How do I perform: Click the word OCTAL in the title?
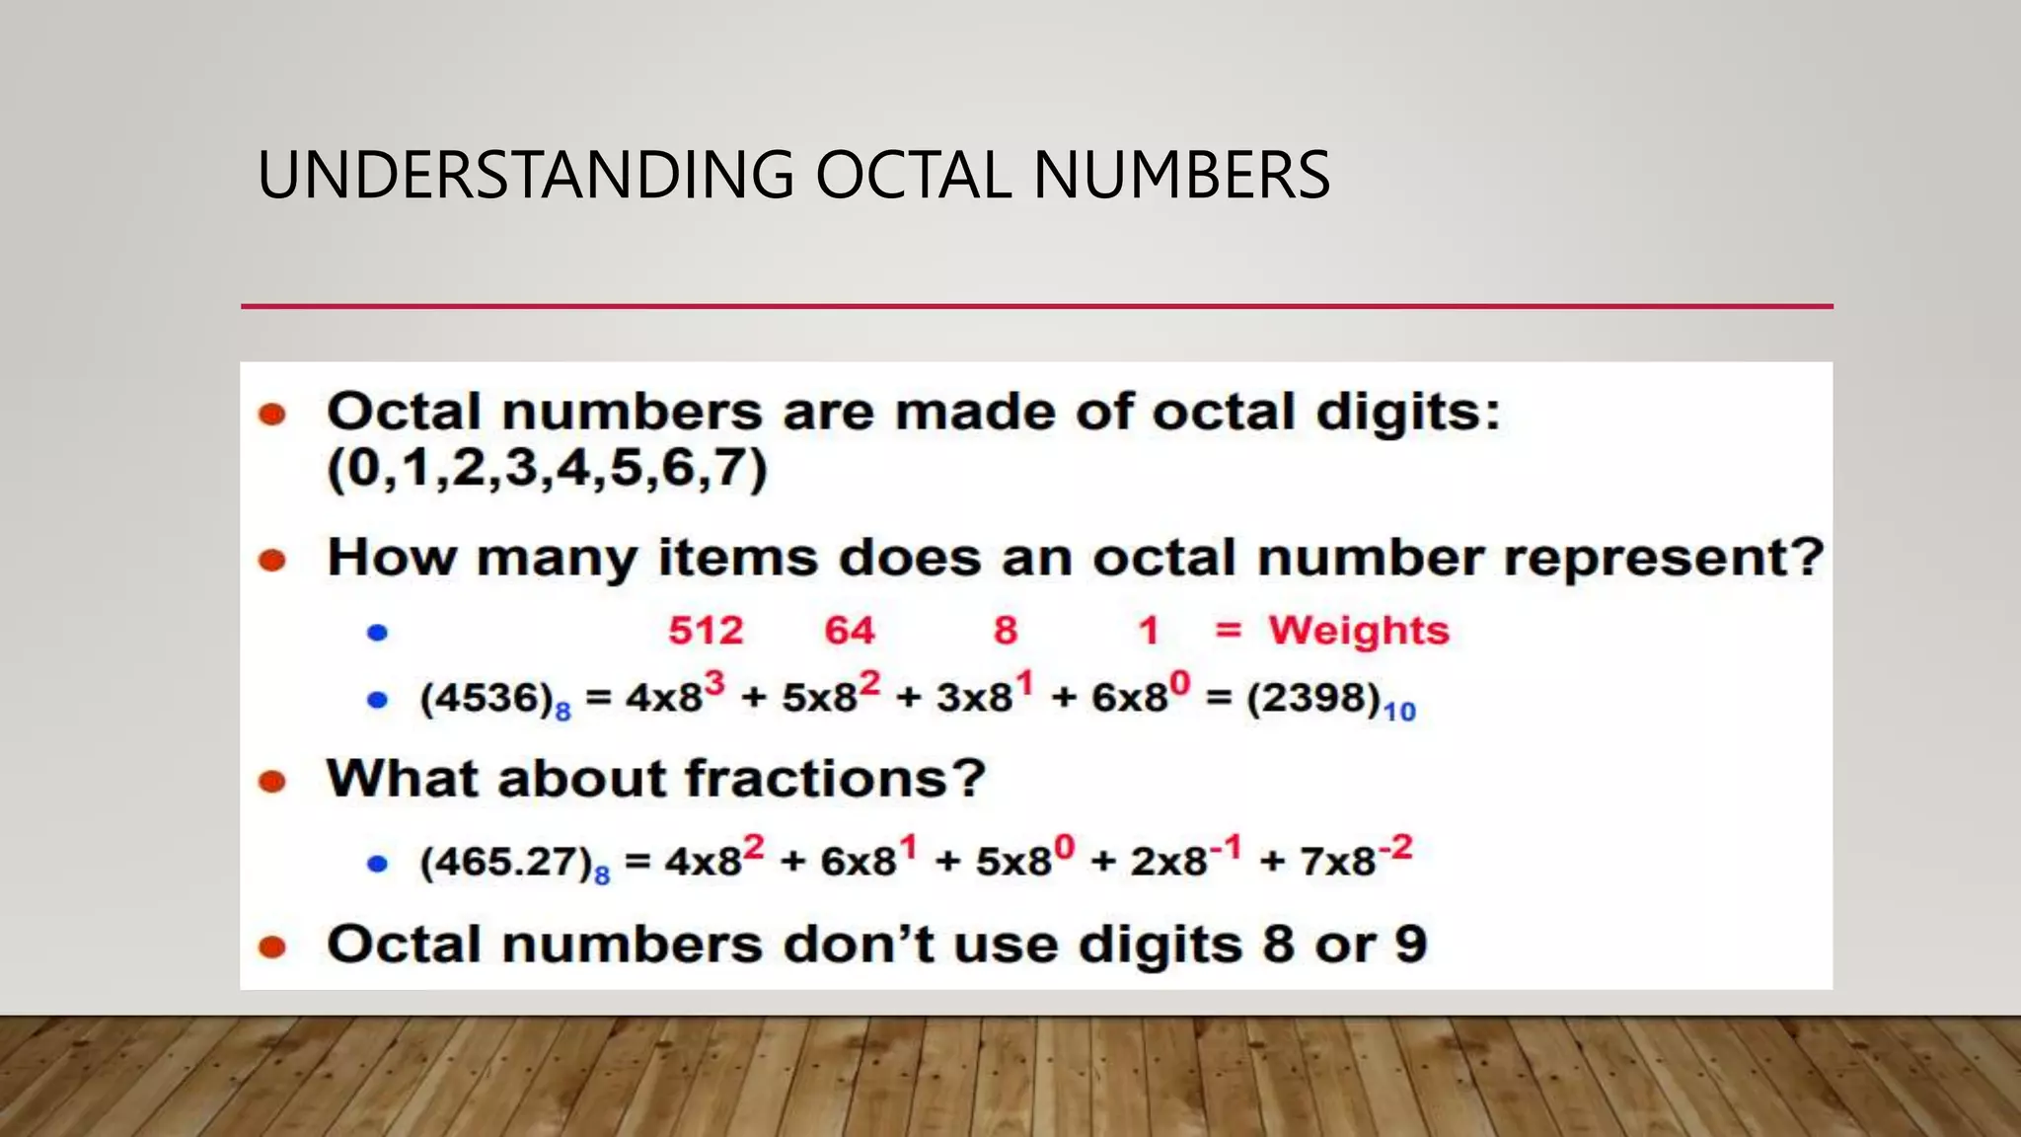point(913,176)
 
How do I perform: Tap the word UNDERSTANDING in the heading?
point(525,176)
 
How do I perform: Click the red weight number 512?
point(706,631)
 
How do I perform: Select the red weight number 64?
point(850,631)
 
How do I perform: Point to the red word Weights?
point(1359,631)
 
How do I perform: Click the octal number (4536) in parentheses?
point(486,699)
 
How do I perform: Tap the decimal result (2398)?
point(1313,699)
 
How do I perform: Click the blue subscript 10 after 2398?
point(1399,712)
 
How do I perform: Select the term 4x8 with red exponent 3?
point(675,693)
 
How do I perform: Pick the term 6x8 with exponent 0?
point(1140,693)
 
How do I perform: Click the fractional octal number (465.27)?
point(505,863)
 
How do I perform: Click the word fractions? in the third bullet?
point(835,779)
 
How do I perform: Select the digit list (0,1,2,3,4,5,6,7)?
point(547,468)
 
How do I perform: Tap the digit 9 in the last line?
point(1410,945)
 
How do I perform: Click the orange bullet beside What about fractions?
point(271,783)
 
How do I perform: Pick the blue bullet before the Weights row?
point(377,633)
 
